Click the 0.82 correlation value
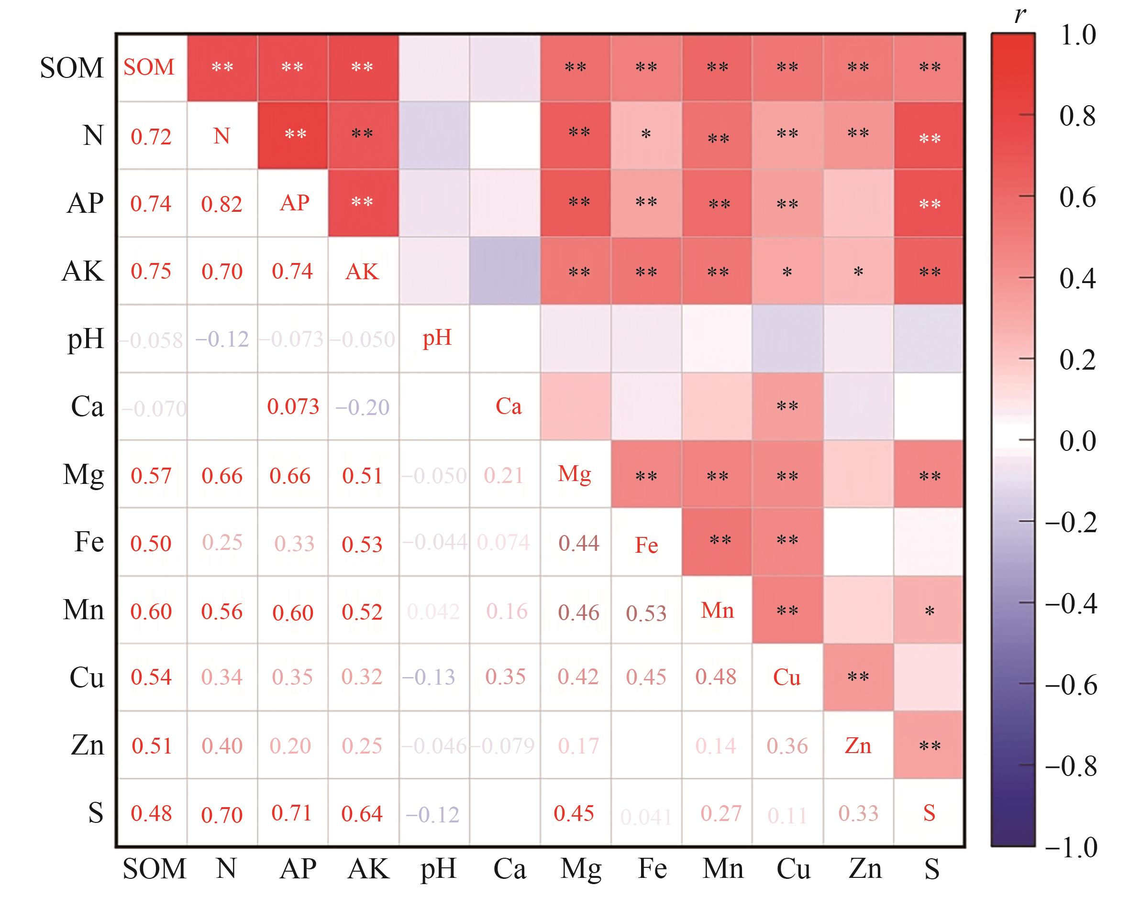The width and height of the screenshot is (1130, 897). pos(222,204)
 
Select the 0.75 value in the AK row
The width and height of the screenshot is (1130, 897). pos(151,272)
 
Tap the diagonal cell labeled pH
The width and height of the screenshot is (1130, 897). pos(437,338)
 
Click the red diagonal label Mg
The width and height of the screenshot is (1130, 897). pos(575,474)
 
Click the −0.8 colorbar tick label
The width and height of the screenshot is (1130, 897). pos(1070,766)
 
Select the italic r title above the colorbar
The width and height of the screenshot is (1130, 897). pos(1019,16)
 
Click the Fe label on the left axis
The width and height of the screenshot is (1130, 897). pos(89,542)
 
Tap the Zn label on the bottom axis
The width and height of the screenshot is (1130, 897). pos(865,869)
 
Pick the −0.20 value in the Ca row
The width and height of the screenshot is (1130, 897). pos(363,407)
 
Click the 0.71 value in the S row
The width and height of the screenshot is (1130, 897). pos(292,813)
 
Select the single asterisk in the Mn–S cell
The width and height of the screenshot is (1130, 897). pos(929,611)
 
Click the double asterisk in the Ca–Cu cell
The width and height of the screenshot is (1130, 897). pos(787,406)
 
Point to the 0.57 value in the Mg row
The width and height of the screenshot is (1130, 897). pos(151,475)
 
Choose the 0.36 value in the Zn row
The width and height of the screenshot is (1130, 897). pos(787,745)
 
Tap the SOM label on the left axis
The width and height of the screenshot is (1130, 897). pos(72,68)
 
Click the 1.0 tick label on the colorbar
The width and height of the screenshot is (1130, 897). pos(1077,35)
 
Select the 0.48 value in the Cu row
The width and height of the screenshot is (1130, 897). pos(716,677)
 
